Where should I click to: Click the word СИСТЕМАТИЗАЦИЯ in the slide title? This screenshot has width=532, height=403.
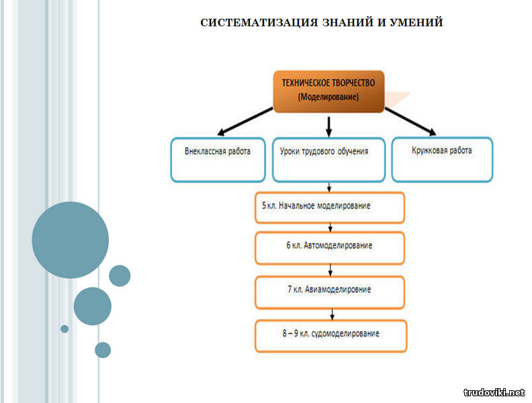(258, 22)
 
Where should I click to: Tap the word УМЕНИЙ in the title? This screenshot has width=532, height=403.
(416, 22)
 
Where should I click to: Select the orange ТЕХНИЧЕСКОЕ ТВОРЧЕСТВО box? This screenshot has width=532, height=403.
(328, 91)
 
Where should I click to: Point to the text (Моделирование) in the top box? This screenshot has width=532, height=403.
(328, 97)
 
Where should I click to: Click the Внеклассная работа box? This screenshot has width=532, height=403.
(218, 159)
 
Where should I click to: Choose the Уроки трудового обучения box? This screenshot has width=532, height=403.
(328, 159)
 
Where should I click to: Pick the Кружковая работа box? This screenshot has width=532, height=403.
(442, 159)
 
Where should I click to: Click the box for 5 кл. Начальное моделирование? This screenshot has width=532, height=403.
(330, 208)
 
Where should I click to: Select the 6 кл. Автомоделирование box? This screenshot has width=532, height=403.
(330, 248)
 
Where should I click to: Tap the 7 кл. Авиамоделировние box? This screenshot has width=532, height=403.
(330, 292)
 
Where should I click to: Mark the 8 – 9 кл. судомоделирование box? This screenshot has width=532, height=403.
(330, 336)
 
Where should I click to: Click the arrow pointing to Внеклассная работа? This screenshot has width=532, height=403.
(245, 122)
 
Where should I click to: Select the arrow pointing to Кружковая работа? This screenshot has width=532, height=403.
(410, 122)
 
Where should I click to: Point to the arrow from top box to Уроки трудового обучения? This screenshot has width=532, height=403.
(328, 127)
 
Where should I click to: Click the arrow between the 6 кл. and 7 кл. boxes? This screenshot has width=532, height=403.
(330, 270)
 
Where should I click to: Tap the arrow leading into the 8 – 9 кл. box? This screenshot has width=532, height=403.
(332, 314)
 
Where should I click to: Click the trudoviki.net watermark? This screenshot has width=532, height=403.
(494, 392)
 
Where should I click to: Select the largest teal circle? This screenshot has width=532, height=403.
(71, 240)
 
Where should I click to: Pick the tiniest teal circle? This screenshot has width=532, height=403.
(64, 328)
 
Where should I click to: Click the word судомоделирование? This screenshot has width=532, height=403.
(345, 334)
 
